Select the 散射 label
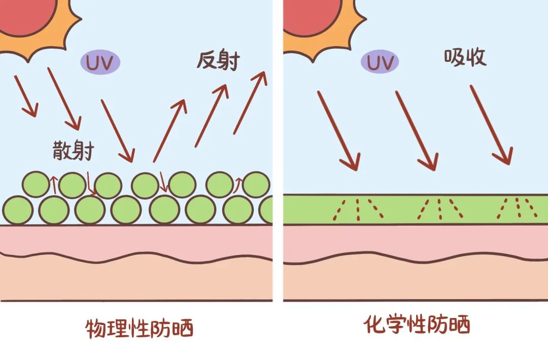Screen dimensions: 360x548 pos(73,151)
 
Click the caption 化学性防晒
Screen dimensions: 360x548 pos(417,325)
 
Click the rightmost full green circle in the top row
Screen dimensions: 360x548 pos(255,185)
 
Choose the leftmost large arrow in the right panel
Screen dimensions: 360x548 pos(338,130)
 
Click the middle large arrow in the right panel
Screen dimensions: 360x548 pos(416,130)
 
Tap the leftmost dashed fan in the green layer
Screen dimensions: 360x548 pos(358,209)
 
